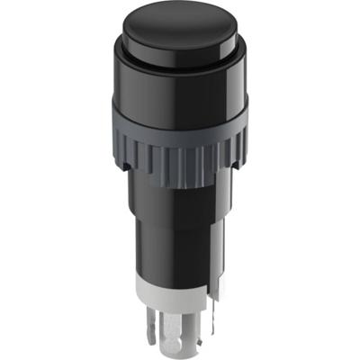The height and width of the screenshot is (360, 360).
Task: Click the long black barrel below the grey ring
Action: point(175,234)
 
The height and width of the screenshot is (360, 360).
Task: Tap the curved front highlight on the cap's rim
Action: point(180,68)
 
